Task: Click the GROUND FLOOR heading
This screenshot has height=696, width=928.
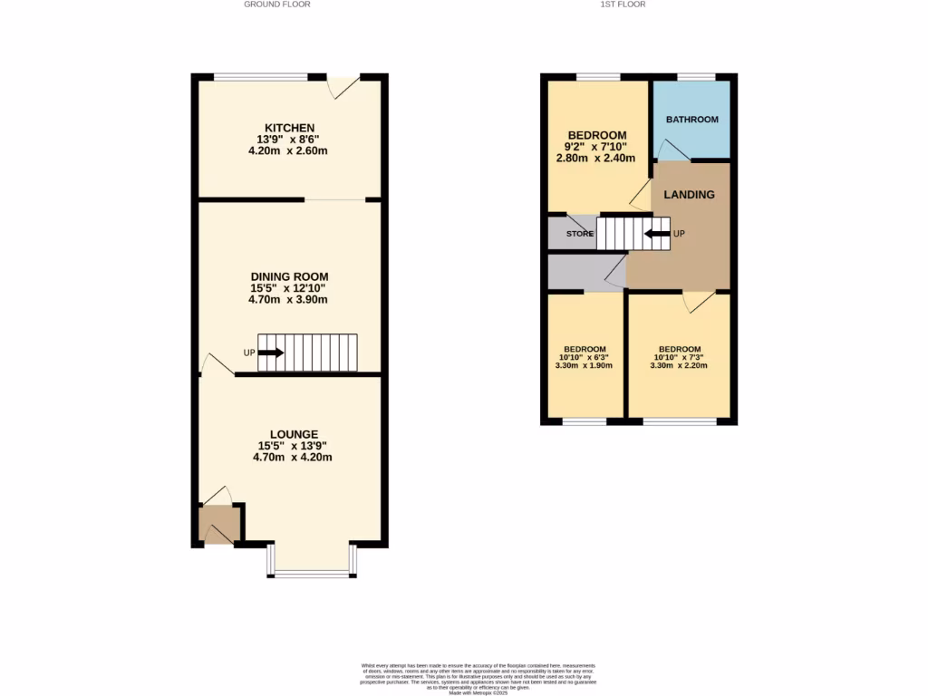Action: pos(276,5)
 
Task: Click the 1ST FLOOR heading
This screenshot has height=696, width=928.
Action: pos(623,5)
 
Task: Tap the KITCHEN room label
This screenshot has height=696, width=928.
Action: pos(289,127)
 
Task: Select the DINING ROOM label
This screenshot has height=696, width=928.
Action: pos(289,276)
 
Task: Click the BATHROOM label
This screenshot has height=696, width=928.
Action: pos(692,120)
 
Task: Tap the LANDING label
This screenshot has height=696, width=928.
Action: pos(689,195)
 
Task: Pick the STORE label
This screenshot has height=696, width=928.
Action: pos(579,234)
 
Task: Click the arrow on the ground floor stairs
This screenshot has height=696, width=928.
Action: pos(272,353)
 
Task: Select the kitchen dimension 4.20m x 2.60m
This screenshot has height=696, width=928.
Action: pos(288,150)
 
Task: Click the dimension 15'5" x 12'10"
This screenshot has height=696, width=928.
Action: pos(289,288)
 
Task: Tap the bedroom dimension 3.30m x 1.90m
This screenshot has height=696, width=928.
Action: pos(585,366)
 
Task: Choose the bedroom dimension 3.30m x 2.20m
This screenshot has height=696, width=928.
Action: pos(679,366)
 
